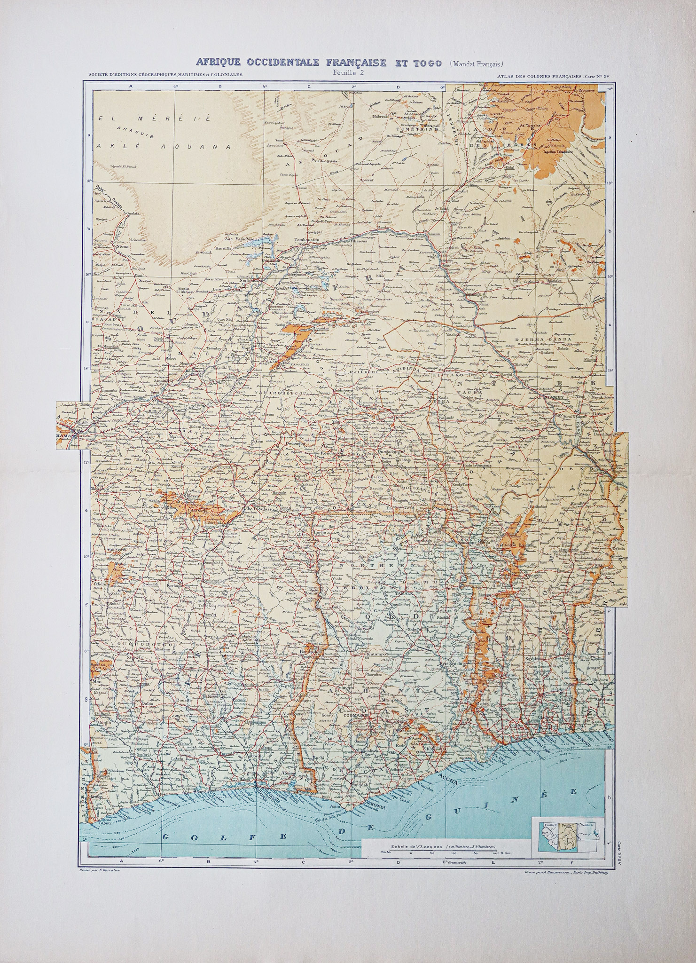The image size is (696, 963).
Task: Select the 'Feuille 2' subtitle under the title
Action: pos(348,72)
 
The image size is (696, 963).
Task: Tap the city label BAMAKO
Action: pos(66,436)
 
